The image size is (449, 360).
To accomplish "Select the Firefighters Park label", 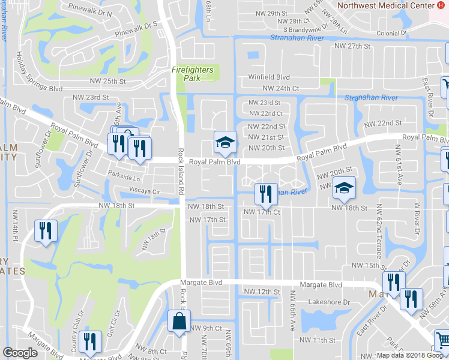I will click(x=193, y=74).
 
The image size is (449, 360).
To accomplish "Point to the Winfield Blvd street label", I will click(x=270, y=77).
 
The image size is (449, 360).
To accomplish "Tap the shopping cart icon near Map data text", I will click(x=442, y=340).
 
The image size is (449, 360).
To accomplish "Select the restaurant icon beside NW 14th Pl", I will click(x=45, y=231).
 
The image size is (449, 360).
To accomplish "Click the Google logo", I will click(x=20, y=353).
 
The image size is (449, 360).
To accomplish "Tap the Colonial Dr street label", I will click(x=391, y=33).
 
